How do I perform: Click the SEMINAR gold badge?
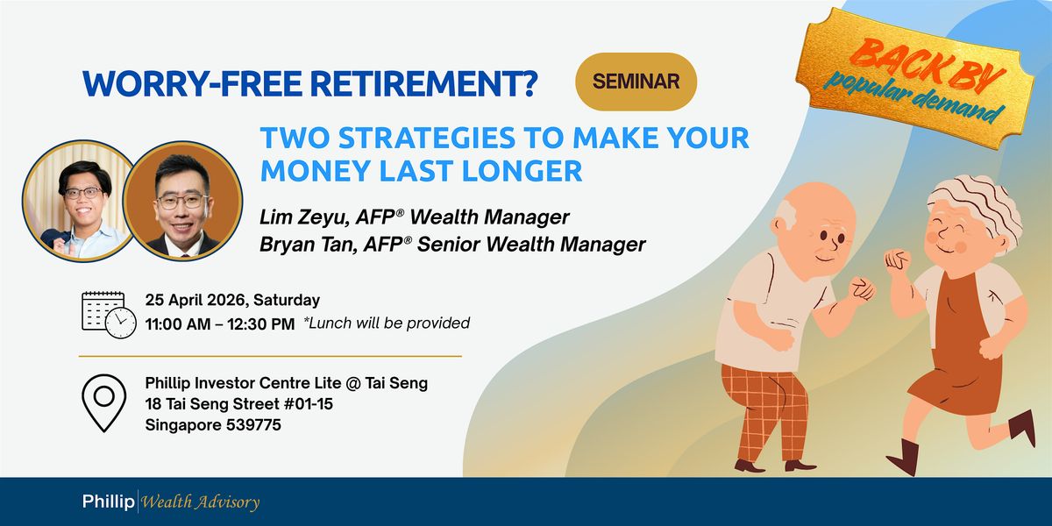point(636,82)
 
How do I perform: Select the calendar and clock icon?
point(109,314)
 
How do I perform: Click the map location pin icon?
point(103,402)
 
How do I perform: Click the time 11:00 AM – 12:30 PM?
point(220,323)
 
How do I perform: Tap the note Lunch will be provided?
point(387,323)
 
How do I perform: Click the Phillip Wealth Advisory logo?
point(171,501)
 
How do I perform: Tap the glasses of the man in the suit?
point(181,202)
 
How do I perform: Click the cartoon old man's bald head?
point(814,203)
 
